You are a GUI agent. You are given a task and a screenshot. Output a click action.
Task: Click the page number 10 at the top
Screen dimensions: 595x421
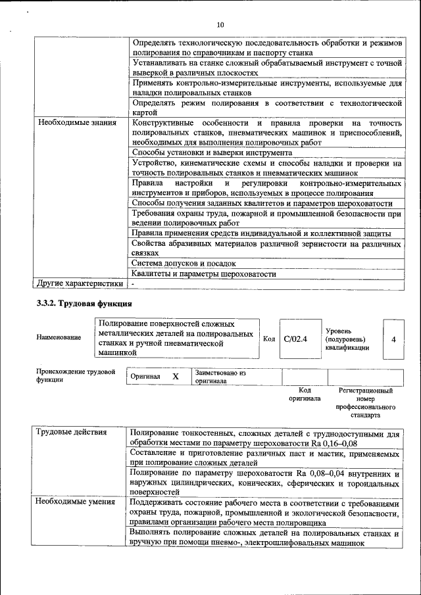(220, 25)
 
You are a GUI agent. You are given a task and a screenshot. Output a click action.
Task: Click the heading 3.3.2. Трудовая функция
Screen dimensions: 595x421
(84, 304)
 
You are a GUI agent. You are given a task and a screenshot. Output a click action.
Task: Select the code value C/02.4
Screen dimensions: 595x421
(295, 339)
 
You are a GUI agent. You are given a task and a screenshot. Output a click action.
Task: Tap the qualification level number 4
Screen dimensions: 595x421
(393, 339)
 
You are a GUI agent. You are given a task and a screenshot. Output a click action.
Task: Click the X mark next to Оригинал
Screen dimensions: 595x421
(176, 377)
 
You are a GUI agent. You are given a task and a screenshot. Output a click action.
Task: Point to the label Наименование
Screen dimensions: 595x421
(59, 337)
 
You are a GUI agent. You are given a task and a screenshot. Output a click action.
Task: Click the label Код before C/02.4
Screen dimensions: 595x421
(269, 339)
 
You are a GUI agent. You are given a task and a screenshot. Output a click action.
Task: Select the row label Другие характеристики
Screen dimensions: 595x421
(80, 284)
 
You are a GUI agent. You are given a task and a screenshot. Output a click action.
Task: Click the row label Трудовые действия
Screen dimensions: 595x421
(68, 433)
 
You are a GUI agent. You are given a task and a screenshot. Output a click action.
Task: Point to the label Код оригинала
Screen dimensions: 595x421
(305, 394)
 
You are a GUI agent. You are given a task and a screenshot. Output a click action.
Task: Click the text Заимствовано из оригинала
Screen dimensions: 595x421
(220, 377)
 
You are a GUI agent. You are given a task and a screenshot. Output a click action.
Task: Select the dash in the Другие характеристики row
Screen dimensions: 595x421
(133, 284)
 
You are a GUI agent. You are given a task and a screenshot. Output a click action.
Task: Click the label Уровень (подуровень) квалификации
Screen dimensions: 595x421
(347, 339)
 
